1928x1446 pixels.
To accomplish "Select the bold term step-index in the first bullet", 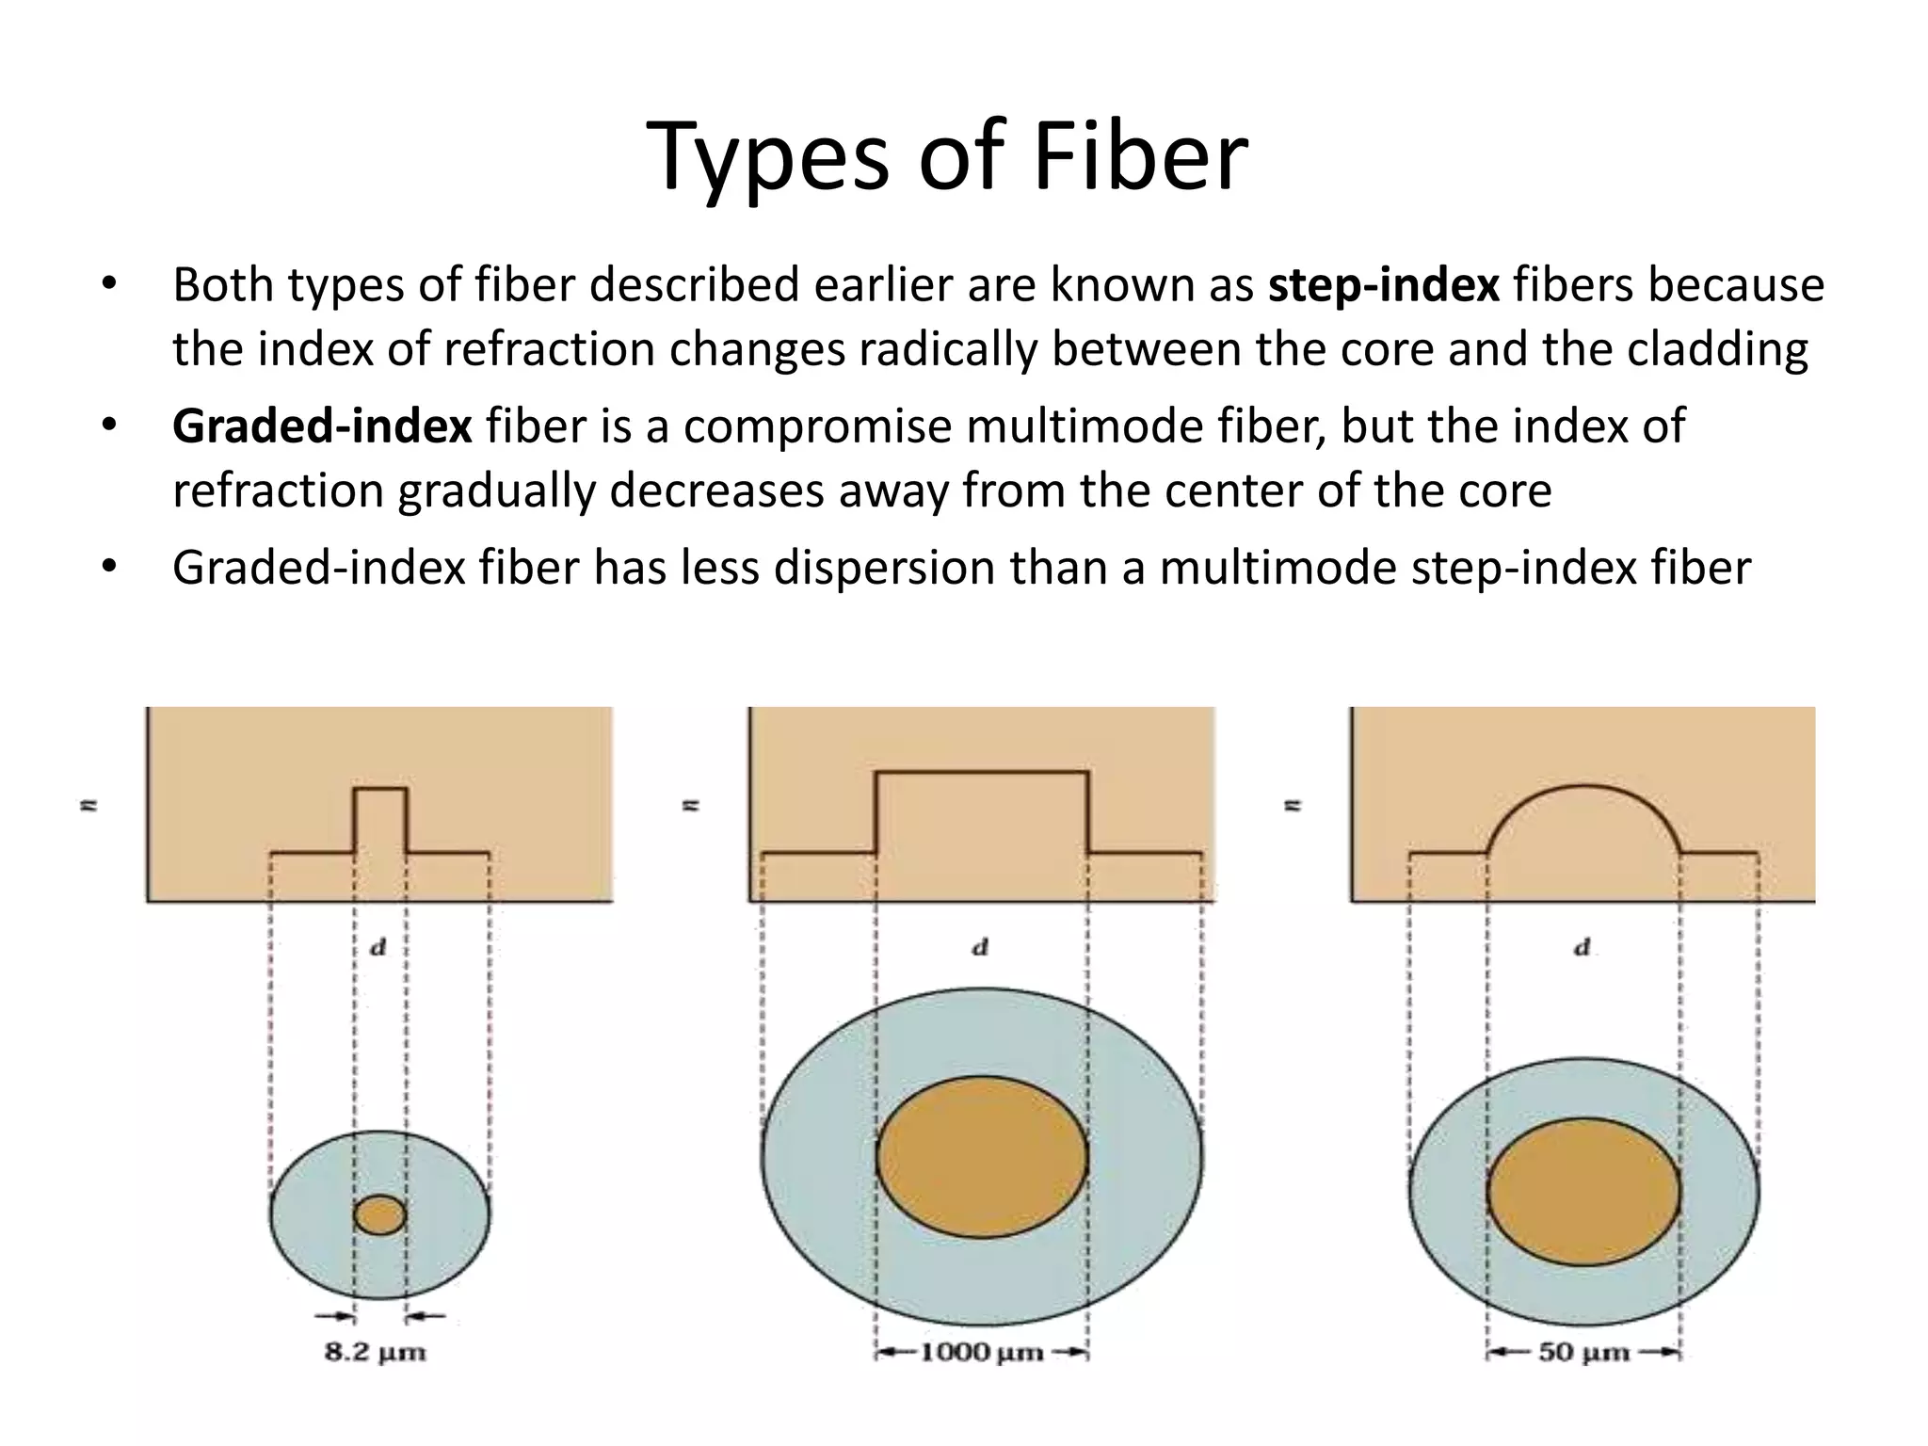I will click(x=1383, y=285).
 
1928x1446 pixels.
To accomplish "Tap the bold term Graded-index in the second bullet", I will click(x=322, y=426).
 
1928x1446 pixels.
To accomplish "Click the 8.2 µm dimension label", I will click(x=376, y=1354).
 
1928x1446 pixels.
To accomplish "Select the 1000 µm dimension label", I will click(x=981, y=1354).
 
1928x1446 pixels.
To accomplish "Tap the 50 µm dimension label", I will click(x=1583, y=1354).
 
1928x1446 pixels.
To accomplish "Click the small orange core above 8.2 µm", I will click(x=380, y=1215).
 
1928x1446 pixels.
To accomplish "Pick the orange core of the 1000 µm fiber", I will click(x=982, y=1157).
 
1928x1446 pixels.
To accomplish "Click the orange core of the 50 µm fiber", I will click(x=1583, y=1192).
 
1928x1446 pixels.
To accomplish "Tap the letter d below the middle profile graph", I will click(x=980, y=948).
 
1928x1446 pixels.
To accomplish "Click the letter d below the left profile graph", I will click(x=378, y=948).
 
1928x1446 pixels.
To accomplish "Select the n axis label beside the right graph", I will click(x=1293, y=806).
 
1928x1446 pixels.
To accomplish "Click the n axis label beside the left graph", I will click(x=89, y=806).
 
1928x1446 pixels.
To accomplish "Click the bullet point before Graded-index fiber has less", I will click(x=109, y=568).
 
